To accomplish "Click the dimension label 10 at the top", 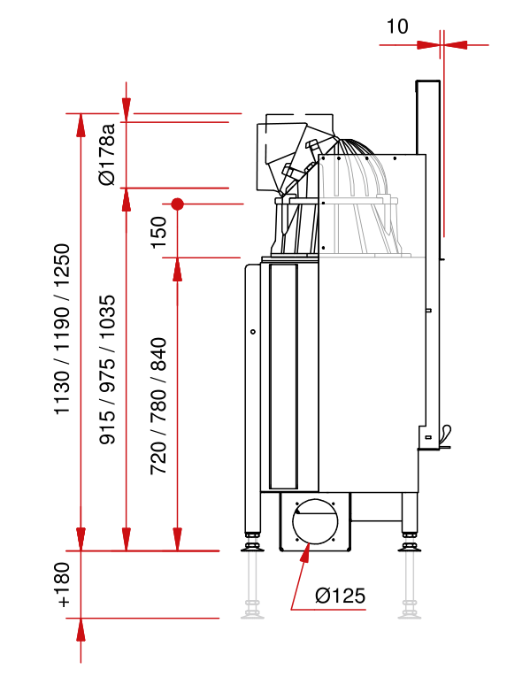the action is coord(397,27).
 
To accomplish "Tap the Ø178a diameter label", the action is coord(107,155).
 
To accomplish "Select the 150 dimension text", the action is coord(158,232).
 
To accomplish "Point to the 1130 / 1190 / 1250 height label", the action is coord(62,329).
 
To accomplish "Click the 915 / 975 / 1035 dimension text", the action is coord(108,370).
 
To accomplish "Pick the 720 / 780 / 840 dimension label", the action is coord(158,406).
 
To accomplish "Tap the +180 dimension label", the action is coord(62,585).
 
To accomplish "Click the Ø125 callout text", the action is coord(341,596).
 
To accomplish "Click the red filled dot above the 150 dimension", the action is coord(177,204).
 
